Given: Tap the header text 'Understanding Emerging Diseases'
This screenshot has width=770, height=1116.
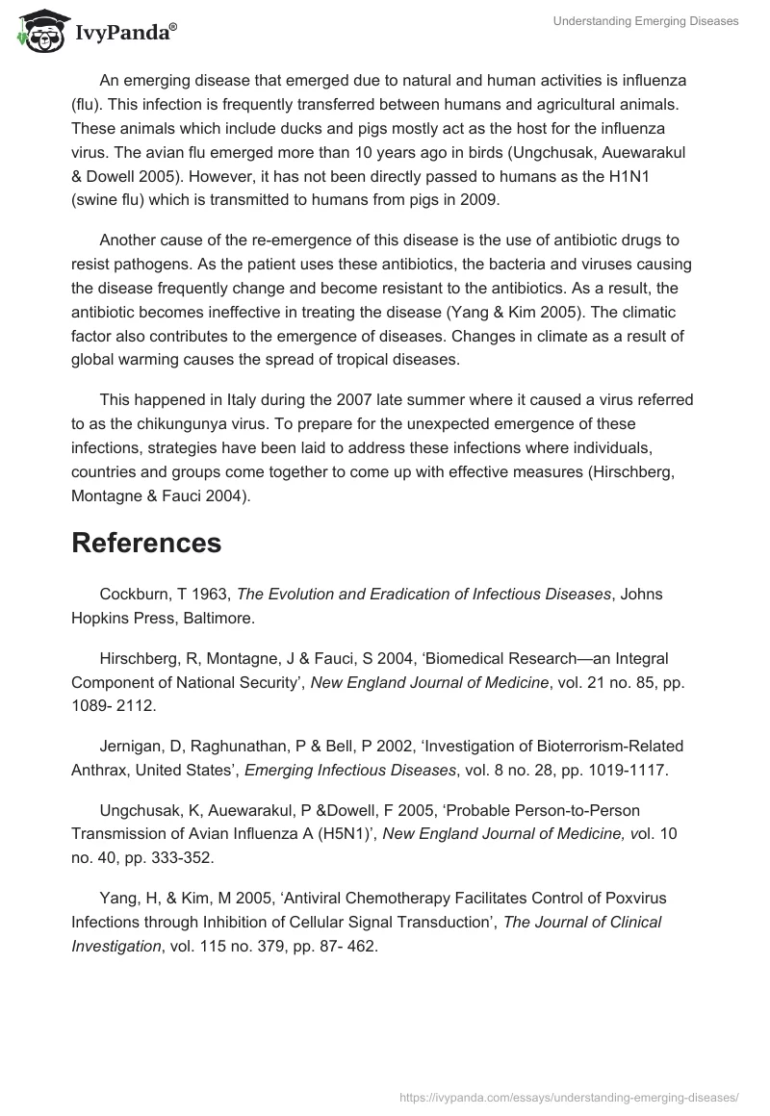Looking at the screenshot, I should point(646,21).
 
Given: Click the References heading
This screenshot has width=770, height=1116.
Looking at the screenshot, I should point(146,543).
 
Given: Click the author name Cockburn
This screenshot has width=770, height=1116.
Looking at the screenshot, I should point(136,595).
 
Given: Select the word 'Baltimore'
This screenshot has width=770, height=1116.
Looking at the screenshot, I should point(218,619).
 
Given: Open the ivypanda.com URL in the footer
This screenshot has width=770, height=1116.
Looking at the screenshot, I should point(568,1096).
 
